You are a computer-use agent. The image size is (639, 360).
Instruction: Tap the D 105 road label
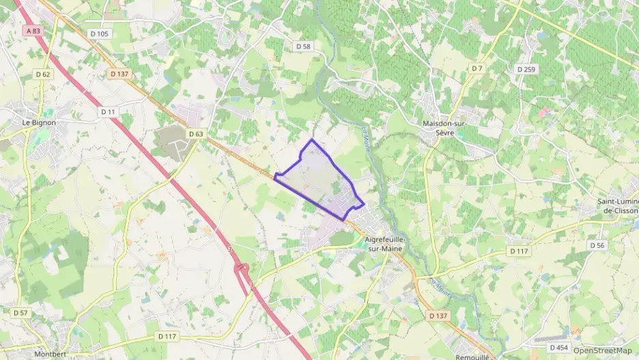point(99,33)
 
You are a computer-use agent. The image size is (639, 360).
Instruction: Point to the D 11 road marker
point(108,111)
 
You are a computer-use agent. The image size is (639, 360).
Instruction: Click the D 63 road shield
point(196,134)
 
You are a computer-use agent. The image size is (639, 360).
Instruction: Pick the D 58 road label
point(304,46)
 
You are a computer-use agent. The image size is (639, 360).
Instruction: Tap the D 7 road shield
point(477,68)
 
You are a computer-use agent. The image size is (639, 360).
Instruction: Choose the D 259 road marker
point(526,69)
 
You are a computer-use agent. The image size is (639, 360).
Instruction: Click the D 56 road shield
point(597,245)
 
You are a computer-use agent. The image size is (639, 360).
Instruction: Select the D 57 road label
point(21,312)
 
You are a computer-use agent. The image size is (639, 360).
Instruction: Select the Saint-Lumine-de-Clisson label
point(617,206)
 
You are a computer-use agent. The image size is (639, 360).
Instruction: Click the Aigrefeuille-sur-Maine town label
point(385,244)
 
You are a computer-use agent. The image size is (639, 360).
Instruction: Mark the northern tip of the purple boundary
point(312,140)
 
